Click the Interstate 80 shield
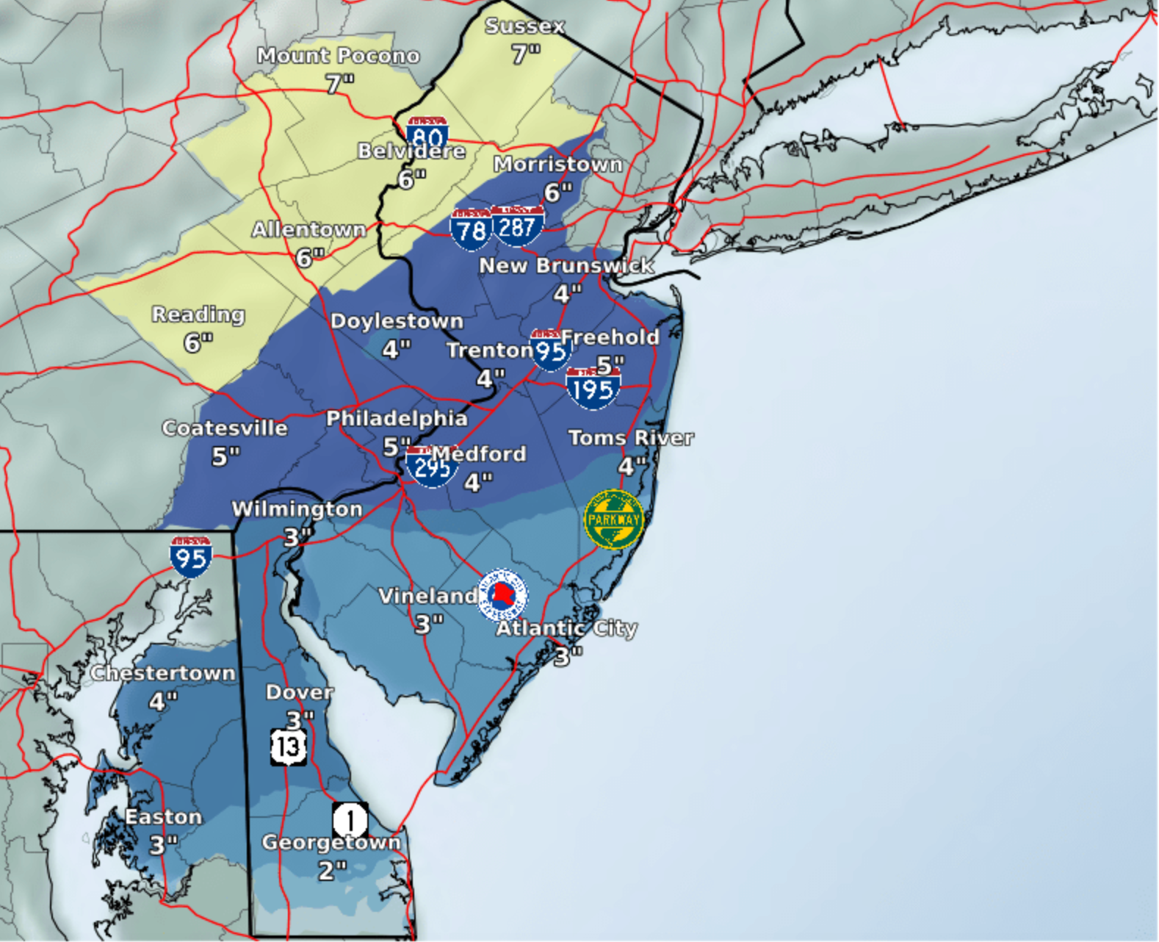tap(427, 134)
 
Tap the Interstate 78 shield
tap(471, 229)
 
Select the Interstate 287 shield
tap(518, 226)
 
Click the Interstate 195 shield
tap(593, 388)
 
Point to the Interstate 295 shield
tap(432, 467)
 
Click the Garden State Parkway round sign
tap(614, 519)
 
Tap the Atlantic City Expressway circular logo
tap(502, 594)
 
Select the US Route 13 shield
tap(289, 747)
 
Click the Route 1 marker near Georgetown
tap(350, 819)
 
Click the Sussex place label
tap(524, 26)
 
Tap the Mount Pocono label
tap(338, 56)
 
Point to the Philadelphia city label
tap(397, 418)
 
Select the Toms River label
tap(631, 438)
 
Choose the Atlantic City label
tap(566, 628)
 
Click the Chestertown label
tap(163, 673)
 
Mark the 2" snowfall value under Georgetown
tap(332, 871)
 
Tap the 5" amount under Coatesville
tap(225, 457)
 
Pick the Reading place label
tap(198, 314)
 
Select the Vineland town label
tap(427, 596)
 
